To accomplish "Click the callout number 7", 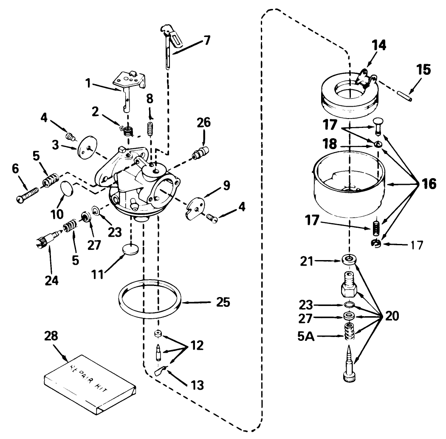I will click(206, 41).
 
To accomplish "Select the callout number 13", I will click(196, 385).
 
